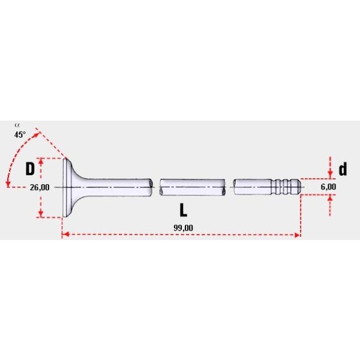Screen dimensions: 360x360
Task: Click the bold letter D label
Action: tap(30, 169)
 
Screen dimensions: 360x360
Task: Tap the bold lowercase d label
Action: tap(343, 169)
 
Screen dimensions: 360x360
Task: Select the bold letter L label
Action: tap(183, 210)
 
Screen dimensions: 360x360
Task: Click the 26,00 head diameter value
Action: tap(40, 187)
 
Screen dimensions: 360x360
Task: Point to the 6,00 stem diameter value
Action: tap(328, 187)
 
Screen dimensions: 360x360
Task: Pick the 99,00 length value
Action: tap(183, 228)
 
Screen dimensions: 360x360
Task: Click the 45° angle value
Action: tap(20, 134)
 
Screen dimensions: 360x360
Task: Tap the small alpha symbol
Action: tap(17, 125)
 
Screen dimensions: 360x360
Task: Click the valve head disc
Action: tap(67, 187)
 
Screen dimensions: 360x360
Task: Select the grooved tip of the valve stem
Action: tap(286, 187)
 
